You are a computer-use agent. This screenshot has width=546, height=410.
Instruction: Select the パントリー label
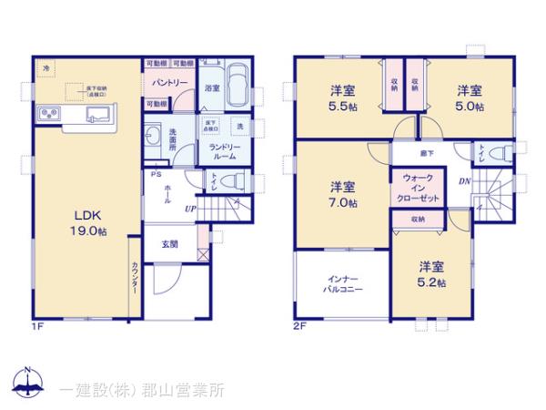(169, 82)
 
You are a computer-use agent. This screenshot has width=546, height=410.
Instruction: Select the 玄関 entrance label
(170, 243)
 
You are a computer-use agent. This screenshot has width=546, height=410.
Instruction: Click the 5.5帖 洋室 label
(342, 97)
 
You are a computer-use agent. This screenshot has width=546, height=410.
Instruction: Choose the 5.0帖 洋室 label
(470, 97)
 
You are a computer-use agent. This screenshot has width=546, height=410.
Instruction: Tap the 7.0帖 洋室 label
(342, 194)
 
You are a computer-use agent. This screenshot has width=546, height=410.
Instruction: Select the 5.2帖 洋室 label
(432, 275)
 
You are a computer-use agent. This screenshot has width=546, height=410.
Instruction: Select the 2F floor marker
(298, 324)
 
